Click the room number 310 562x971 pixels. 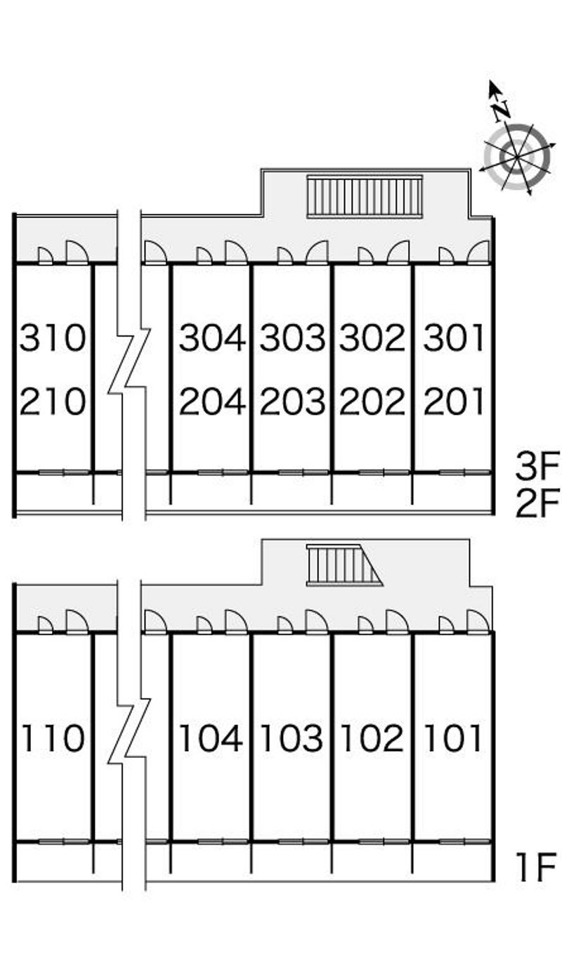point(53,337)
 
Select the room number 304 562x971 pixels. point(212,337)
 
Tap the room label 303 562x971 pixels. point(292,337)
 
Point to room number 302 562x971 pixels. point(372,337)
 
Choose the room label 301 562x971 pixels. point(453,337)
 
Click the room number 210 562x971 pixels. point(53,402)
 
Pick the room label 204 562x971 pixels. point(212,402)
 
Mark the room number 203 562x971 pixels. point(292,402)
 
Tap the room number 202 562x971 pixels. point(372,402)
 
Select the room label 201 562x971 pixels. point(453,402)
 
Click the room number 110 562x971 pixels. point(53,738)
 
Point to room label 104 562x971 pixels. point(211,738)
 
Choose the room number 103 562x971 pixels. point(292,738)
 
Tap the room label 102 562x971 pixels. point(372,738)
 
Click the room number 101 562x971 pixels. point(453,738)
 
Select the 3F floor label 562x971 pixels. point(537,465)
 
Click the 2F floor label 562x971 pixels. point(537,503)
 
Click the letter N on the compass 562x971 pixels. point(502,110)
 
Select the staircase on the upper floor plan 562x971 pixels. point(365,196)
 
